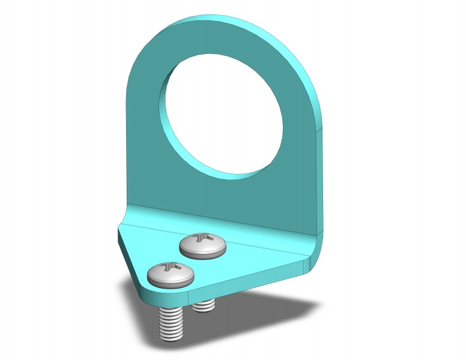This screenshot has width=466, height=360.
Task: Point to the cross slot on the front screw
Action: click(x=170, y=267)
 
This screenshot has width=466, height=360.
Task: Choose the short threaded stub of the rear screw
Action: click(x=205, y=305)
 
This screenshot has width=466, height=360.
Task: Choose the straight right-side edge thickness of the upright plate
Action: click(x=319, y=180)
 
